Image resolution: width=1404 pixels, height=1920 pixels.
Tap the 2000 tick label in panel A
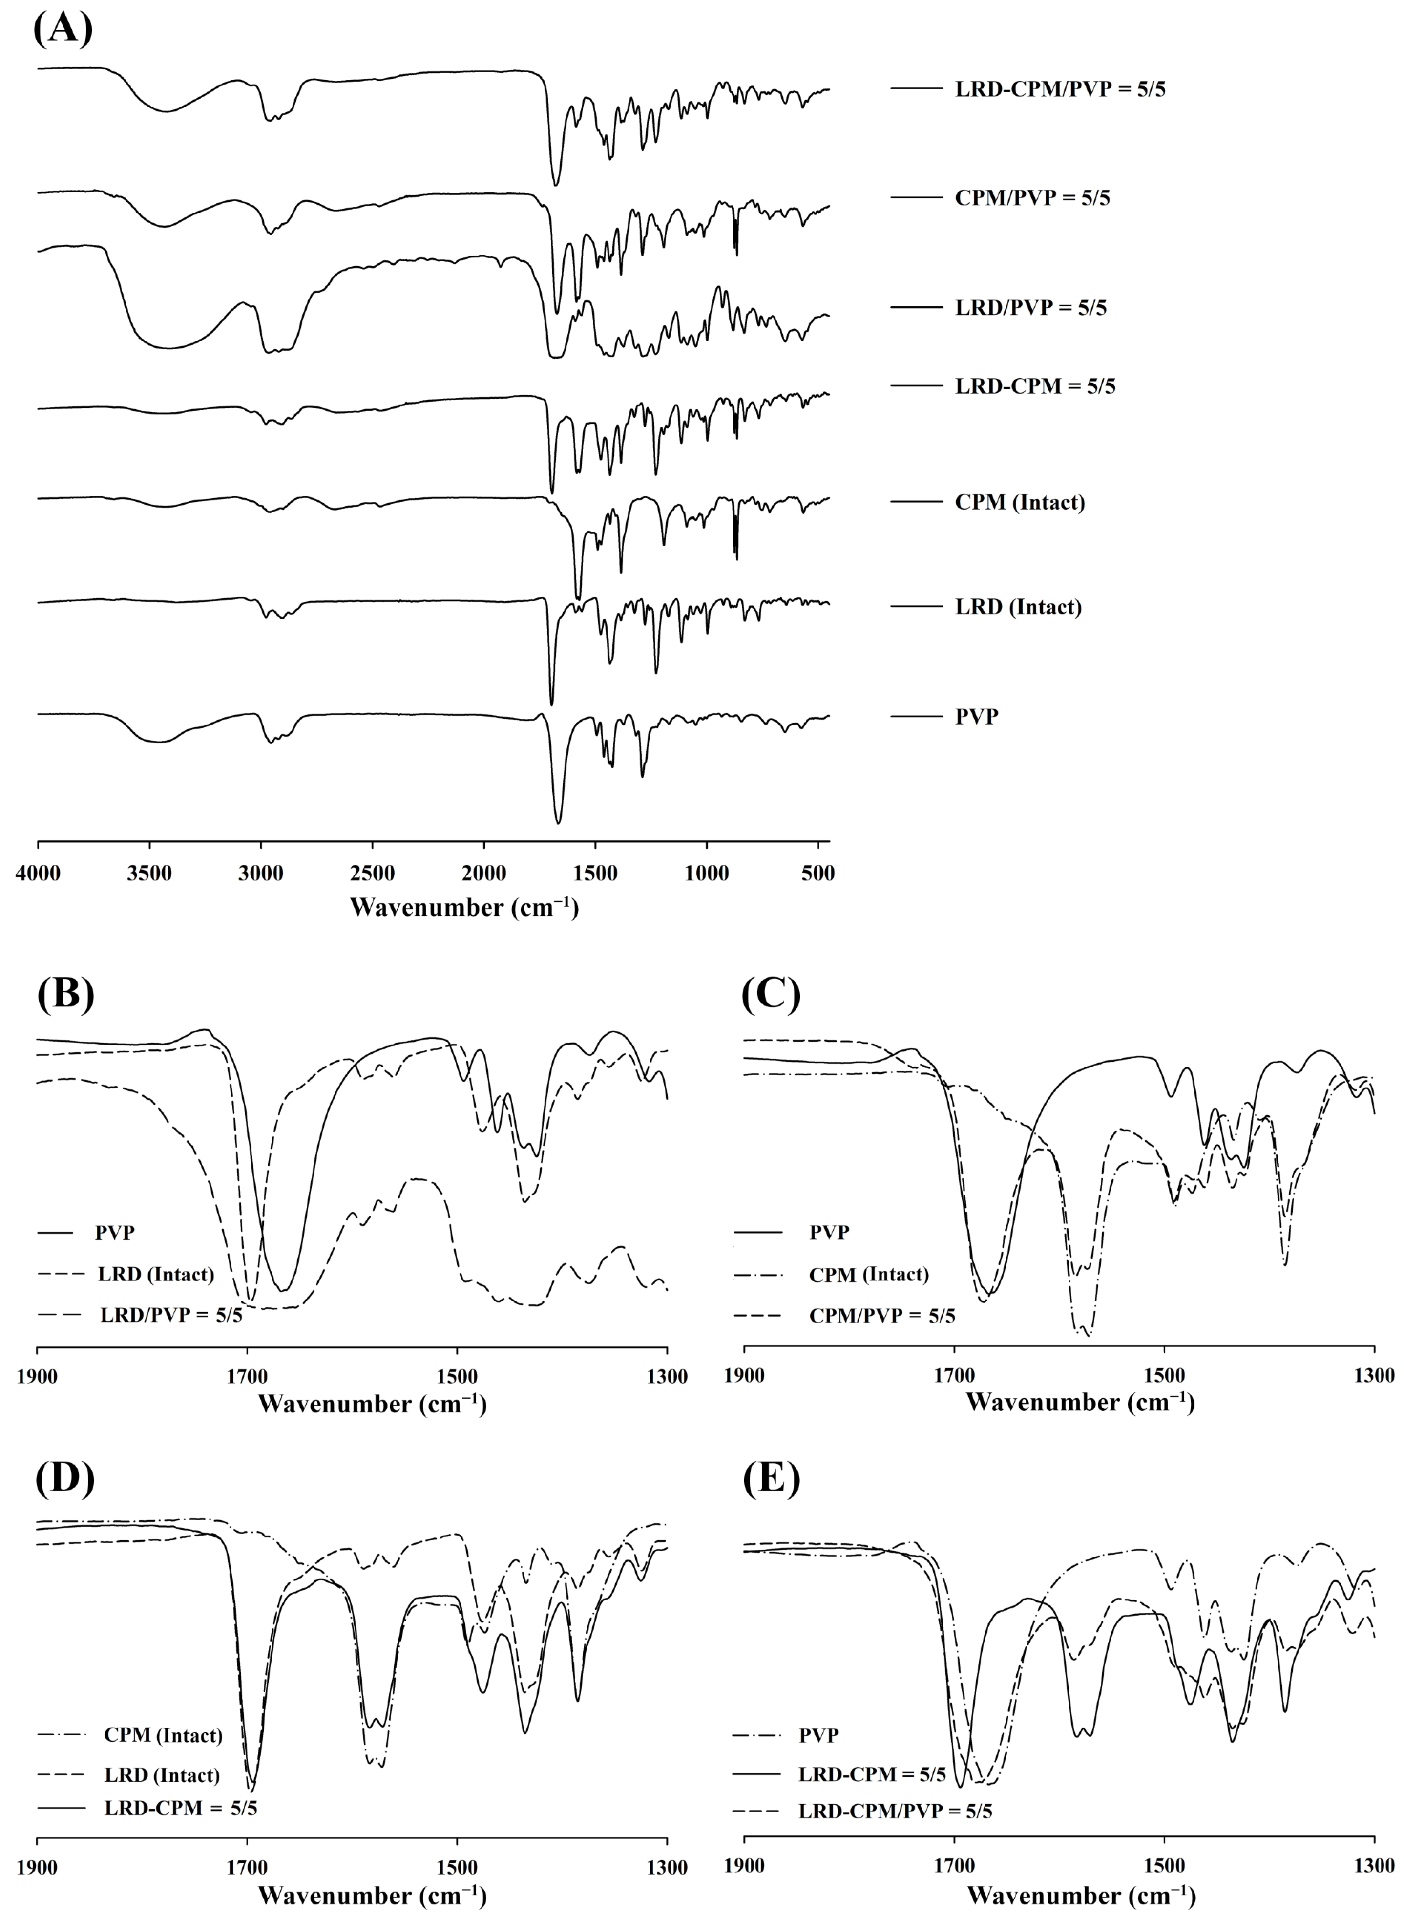(483, 874)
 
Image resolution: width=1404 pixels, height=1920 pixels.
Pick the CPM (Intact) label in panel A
(1020, 503)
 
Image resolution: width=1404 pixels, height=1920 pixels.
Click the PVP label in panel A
(977, 716)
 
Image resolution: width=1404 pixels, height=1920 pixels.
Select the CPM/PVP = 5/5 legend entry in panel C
(881, 1316)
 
